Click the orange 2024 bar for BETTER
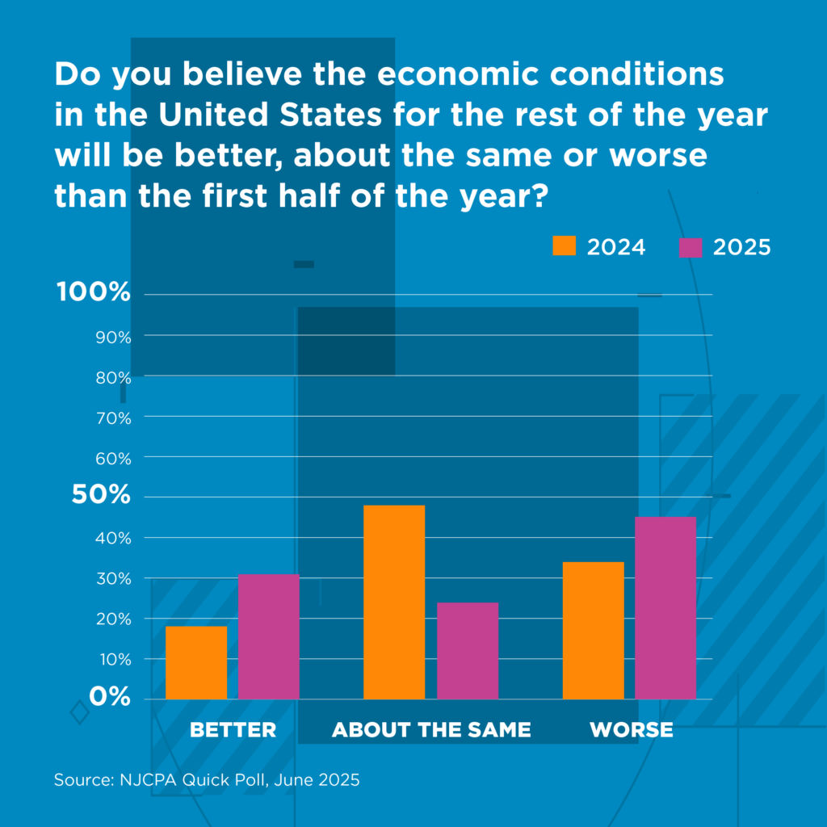click(x=196, y=662)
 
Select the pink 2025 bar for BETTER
click(x=268, y=636)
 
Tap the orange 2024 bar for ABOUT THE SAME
click(x=394, y=602)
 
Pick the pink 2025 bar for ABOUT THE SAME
click(x=468, y=650)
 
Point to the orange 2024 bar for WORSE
click(x=593, y=630)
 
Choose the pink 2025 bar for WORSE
click(x=665, y=607)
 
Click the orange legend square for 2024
click(x=565, y=246)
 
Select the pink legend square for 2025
click(x=691, y=246)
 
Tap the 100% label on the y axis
click(x=94, y=292)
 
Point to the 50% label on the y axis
click(x=101, y=495)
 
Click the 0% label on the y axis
click(x=110, y=696)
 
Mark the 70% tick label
click(x=114, y=418)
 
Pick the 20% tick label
click(x=114, y=619)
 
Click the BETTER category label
click(x=233, y=730)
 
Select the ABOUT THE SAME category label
click(x=431, y=730)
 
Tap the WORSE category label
click(x=631, y=730)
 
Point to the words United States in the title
click(x=270, y=115)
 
